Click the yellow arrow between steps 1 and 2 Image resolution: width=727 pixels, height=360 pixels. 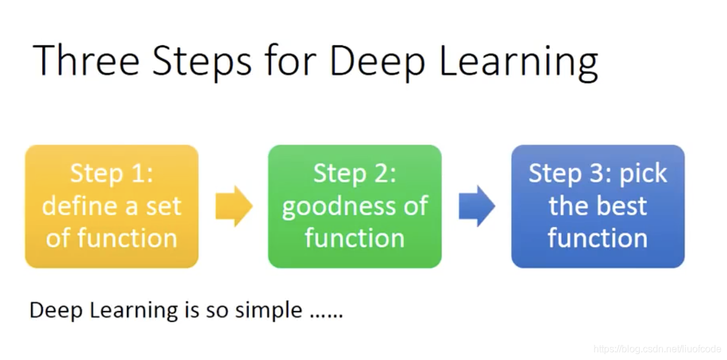point(234,206)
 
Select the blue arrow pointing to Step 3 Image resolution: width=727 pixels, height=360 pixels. point(477,206)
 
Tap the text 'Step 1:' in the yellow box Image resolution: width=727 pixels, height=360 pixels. point(112,174)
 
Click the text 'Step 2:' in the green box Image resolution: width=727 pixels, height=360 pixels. point(354,174)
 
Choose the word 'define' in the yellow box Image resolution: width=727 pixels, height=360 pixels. point(77,206)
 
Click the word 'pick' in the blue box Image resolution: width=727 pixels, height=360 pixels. point(643,174)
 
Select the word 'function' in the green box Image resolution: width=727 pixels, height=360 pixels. point(354,238)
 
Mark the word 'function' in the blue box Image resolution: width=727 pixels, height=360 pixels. point(598,238)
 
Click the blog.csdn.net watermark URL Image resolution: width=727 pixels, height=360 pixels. point(657,349)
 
